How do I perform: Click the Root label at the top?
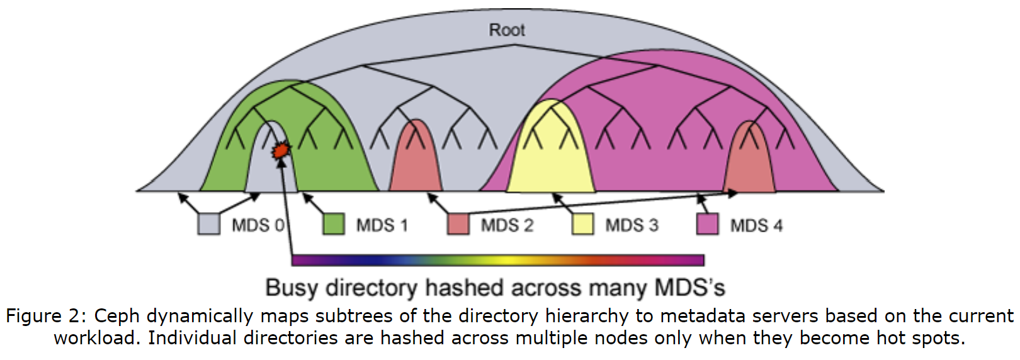(507, 30)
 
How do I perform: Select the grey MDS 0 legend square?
(209, 224)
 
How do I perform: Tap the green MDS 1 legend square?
(334, 224)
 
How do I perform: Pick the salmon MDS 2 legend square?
(458, 224)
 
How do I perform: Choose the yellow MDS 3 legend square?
(582, 224)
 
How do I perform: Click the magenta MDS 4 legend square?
(708, 224)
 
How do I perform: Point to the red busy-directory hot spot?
(280, 150)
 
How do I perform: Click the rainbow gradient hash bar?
(497, 260)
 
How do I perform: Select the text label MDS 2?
(507, 225)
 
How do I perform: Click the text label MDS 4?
(756, 225)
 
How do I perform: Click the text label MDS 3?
(632, 225)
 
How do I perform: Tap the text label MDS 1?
(382, 225)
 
